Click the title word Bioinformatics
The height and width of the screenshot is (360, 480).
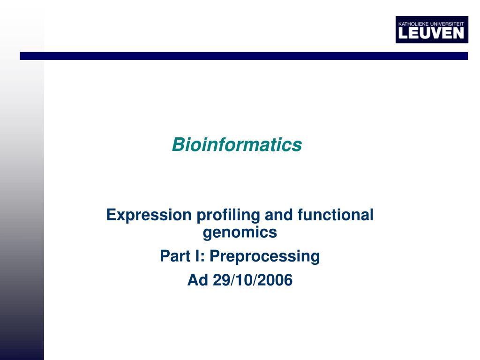tap(237, 145)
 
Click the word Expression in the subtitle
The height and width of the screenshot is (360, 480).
tap(149, 215)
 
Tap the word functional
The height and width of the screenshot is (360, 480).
tap(335, 215)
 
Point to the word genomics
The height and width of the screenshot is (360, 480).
tap(240, 232)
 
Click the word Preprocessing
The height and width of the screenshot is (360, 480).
tap(264, 256)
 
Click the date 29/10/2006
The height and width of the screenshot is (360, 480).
tap(252, 280)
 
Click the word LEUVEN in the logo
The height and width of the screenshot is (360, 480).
tap(431, 33)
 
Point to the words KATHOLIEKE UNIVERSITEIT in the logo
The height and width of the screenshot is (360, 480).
tap(431, 23)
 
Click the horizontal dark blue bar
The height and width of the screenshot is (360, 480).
tap(244, 56)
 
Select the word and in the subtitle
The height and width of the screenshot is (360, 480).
tap(279, 215)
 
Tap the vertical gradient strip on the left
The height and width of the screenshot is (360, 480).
tap(22, 211)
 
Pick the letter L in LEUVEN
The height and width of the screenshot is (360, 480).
tap(402, 33)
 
